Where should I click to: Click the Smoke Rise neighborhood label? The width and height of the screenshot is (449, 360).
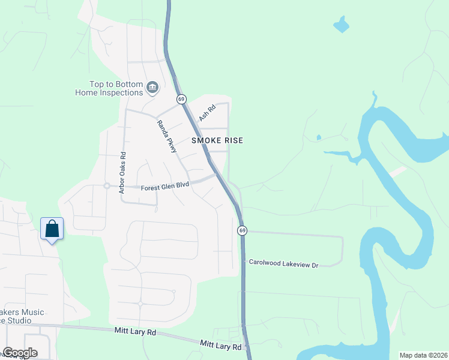click(x=217, y=140)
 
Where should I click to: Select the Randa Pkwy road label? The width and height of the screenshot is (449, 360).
click(x=167, y=136)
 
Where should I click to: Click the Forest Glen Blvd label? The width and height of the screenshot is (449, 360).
click(x=165, y=187)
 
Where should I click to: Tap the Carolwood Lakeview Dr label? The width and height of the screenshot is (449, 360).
click(x=282, y=263)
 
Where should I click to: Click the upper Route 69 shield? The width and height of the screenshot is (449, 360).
click(x=181, y=98)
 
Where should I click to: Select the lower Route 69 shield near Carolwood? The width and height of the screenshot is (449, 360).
click(x=242, y=230)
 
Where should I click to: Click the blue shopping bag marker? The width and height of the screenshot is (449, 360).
click(x=52, y=229)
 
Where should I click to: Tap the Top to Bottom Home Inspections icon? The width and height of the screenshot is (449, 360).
click(x=152, y=88)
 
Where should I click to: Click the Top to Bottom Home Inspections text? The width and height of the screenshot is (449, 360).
click(x=110, y=89)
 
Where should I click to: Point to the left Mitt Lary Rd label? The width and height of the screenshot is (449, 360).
click(x=135, y=331)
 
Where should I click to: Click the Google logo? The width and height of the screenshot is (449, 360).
click(x=19, y=353)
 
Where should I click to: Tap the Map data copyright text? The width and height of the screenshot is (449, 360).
click(x=424, y=355)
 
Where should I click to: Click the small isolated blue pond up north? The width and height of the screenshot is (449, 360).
click(x=341, y=25)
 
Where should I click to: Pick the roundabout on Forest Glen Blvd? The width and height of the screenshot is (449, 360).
click(x=106, y=186)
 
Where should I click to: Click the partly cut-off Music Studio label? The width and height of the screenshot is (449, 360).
click(x=24, y=316)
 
